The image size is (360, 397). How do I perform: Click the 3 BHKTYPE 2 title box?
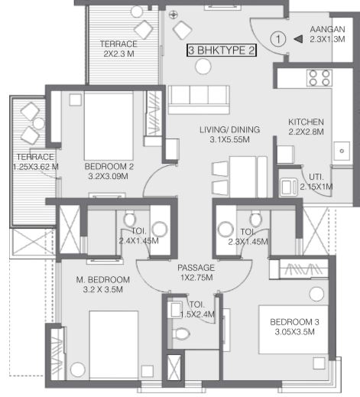pyautogui.click(x=222, y=50)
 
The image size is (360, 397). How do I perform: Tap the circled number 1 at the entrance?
pyautogui.click(x=278, y=39)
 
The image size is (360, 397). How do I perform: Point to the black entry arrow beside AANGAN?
pyautogui.click(x=298, y=39)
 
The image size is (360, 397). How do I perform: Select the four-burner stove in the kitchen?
pyautogui.click(x=319, y=78)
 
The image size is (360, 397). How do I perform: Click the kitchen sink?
pyautogui.click(x=342, y=151)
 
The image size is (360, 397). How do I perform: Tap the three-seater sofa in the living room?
pyautogui.click(x=199, y=99)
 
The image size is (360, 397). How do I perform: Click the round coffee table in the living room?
pyautogui.click(x=203, y=67)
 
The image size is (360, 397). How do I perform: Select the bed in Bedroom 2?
pyautogui.click(x=109, y=126)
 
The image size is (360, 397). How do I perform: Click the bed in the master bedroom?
pyautogui.click(x=114, y=345)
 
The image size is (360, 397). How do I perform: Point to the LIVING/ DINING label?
pyautogui.click(x=229, y=129)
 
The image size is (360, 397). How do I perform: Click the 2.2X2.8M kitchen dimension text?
pyautogui.click(x=306, y=132)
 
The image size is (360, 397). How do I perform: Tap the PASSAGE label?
pyautogui.click(x=196, y=268)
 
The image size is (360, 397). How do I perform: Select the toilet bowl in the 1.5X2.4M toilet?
pyautogui.click(x=181, y=334)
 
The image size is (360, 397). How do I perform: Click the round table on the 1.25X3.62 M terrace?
pyautogui.click(x=39, y=123)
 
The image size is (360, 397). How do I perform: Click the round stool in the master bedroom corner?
pyautogui.click(x=77, y=369)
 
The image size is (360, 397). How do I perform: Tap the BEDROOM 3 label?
pyautogui.click(x=294, y=322)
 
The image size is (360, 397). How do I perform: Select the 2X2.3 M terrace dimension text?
pyautogui.click(x=118, y=54)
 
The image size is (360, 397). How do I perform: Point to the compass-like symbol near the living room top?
pyautogui.click(x=174, y=15)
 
